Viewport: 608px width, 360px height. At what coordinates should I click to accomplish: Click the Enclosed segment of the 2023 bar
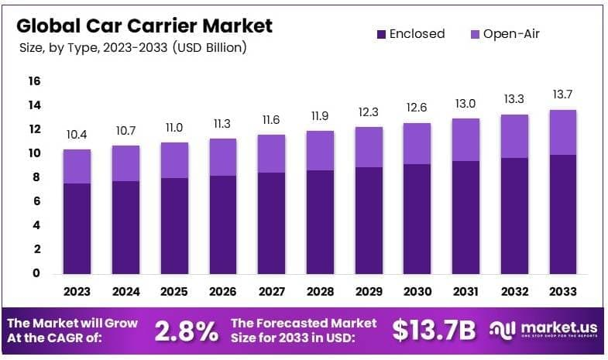[77, 228]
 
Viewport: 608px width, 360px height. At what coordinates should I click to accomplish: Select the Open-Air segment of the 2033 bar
[562, 132]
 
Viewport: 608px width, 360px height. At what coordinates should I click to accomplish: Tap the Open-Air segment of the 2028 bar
[320, 150]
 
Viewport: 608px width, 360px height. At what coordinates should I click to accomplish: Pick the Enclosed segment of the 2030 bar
[417, 218]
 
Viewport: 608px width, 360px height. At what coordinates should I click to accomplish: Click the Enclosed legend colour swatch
[380, 34]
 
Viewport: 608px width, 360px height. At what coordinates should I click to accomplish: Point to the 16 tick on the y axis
[35, 81]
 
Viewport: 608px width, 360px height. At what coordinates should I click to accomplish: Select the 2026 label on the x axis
[222, 293]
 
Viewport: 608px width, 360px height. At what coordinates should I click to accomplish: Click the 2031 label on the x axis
[465, 293]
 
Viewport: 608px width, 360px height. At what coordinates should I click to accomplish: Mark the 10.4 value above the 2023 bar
[77, 134]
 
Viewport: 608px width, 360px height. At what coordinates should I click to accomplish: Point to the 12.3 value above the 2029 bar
[369, 111]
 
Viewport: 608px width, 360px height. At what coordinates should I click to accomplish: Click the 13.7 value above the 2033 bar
[562, 94]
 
